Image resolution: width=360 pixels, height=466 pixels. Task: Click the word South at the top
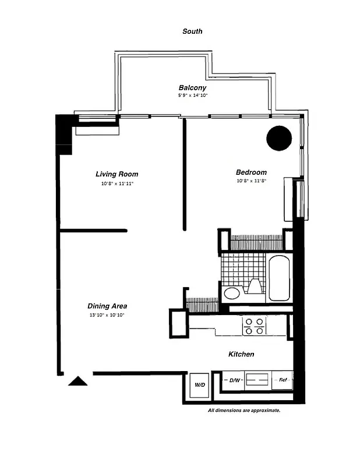coord(192,31)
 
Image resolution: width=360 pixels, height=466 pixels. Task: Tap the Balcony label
coord(192,87)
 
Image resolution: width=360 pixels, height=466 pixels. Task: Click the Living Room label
coord(117,174)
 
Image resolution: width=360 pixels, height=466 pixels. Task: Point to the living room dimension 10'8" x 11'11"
coord(117,183)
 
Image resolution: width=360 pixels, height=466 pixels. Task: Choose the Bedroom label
coord(251,172)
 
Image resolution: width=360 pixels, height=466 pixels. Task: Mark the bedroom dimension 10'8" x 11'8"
coord(251,181)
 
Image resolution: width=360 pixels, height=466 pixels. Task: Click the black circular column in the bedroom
coord(279,138)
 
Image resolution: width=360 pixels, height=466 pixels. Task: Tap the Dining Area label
coord(107,306)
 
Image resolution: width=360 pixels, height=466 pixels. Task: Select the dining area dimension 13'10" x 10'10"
coord(107,315)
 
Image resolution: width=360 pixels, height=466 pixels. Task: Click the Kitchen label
coord(241,354)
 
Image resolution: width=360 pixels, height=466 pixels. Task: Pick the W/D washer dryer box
coord(199,384)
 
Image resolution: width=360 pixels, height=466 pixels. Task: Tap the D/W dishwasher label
coord(235,380)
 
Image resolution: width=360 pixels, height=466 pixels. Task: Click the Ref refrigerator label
coord(283,380)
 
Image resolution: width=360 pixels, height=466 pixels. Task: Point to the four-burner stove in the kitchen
coord(255,326)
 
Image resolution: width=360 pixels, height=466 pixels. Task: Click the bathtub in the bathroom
coord(279,278)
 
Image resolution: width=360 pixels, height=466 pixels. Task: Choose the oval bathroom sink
coord(231,293)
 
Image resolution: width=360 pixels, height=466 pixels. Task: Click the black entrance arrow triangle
coord(78,381)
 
